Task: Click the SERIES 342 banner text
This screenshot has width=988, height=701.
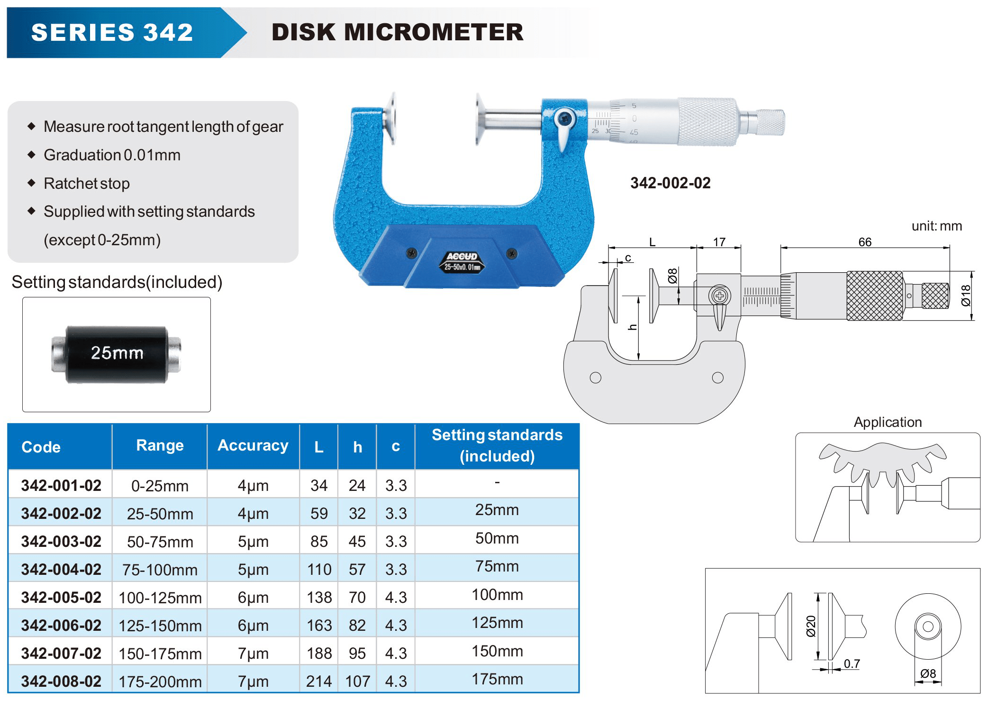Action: tap(112, 33)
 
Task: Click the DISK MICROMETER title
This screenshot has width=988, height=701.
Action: tap(397, 32)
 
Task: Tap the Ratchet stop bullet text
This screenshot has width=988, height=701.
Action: tap(86, 184)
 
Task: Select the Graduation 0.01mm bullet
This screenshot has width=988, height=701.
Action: tap(112, 155)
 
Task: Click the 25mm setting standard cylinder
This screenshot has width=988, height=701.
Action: tap(116, 354)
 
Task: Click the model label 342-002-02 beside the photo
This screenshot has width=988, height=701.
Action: tap(670, 183)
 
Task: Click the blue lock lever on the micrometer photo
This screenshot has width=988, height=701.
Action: tap(564, 128)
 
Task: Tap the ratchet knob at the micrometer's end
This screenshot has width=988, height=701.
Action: tap(770, 122)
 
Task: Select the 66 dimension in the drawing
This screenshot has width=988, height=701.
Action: tap(865, 242)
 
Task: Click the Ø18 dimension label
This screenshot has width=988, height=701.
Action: tap(966, 295)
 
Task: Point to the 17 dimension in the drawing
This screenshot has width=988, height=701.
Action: tap(719, 242)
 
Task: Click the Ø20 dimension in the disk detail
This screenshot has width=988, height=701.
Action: tap(811, 626)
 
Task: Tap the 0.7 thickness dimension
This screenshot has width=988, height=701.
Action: tap(852, 664)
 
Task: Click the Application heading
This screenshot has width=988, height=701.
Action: tap(888, 422)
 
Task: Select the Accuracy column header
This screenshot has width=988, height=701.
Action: tap(253, 446)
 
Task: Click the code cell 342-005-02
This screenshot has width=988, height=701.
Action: tap(61, 598)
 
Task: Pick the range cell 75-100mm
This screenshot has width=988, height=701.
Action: tap(160, 570)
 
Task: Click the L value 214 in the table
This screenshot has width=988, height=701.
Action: tap(319, 682)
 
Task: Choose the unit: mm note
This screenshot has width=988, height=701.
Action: tap(936, 226)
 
